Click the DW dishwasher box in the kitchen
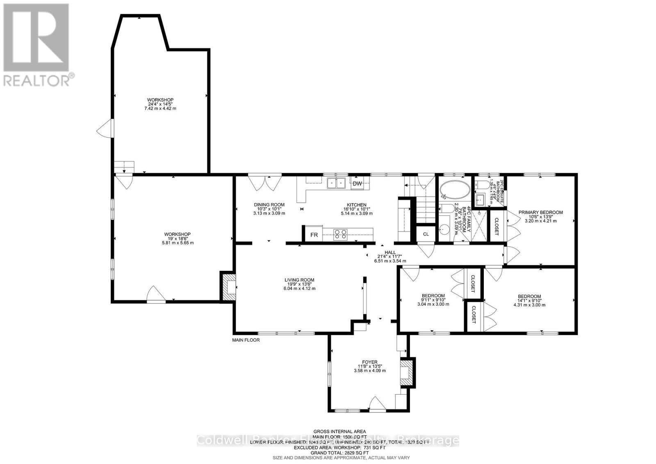(x=357, y=183)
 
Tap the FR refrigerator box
(x=314, y=235)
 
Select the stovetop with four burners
(x=340, y=234)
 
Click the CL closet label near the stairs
(x=426, y=234)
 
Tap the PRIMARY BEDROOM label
(x=540, y=213)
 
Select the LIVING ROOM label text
(x=299, y=280)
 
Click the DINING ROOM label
(x=269, y=205)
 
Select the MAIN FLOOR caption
(x=246, y=340)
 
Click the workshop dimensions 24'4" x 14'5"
(x=160, y=104)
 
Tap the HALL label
(x=390, y=252)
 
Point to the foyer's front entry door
(x=377, y=404)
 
